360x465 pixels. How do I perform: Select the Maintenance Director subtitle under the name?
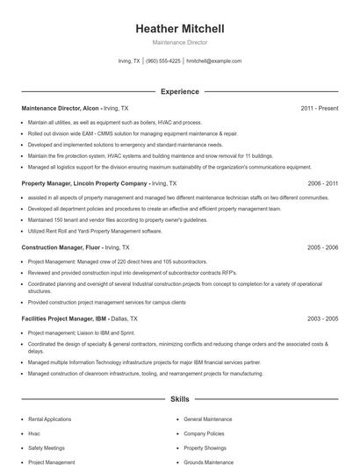point(179,42)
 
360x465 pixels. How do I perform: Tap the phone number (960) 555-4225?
point(163,61)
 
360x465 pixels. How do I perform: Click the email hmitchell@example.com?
point(214,61)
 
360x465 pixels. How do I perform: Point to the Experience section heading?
point(179,91)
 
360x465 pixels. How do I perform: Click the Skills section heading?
point(179,399)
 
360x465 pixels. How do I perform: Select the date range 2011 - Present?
point(319,108)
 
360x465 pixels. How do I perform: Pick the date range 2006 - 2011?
point(322,183)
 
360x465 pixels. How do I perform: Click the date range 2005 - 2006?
point(322,247)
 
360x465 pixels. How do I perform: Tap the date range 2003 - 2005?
point(322,318)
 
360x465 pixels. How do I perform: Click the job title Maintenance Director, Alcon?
point(60,108)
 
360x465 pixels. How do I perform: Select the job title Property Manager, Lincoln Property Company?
point(84,183)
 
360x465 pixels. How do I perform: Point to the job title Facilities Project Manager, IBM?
point(66,318)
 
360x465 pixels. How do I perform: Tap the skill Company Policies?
point(205,433)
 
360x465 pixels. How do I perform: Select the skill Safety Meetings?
point(47,447)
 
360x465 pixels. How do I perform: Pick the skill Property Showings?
point(205,447)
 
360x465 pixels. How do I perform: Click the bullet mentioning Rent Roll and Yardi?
point(95,231)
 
